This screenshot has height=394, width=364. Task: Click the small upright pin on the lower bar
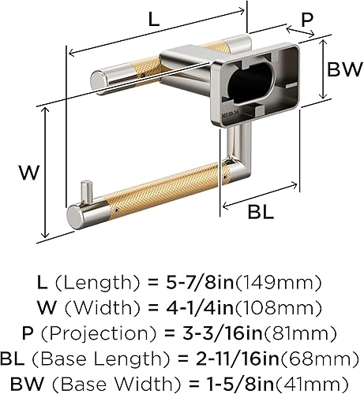(91, 188)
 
